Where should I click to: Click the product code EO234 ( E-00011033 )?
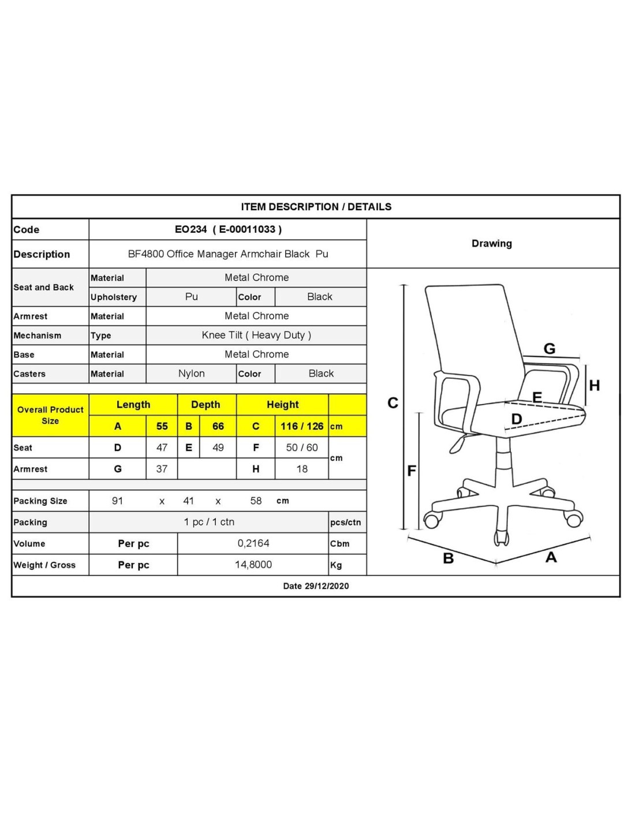click(228, 229)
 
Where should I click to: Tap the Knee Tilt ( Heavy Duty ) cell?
click(256, 335)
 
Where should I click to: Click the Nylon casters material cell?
click(191, 374)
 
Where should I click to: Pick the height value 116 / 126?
click(302, 427)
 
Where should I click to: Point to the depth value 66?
click(218, 427)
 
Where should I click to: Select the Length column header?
click(133, 405)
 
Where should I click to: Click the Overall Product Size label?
click(50, 415)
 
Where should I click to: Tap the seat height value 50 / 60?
click(302, 447)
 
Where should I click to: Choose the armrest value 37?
click(162, 469)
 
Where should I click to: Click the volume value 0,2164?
click(253, 543)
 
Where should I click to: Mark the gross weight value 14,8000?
click(253, 565)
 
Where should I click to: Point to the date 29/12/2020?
click(316, 586)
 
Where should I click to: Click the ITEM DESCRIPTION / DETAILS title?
click(316, 207)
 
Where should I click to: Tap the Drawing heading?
click(492, 244)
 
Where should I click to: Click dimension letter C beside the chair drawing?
click(393, 403)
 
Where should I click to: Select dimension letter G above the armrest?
click(550, 349)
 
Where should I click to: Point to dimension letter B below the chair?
click(449, 558)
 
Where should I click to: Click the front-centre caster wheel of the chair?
click(501, 538)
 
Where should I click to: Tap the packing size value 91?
click(117, 501)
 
